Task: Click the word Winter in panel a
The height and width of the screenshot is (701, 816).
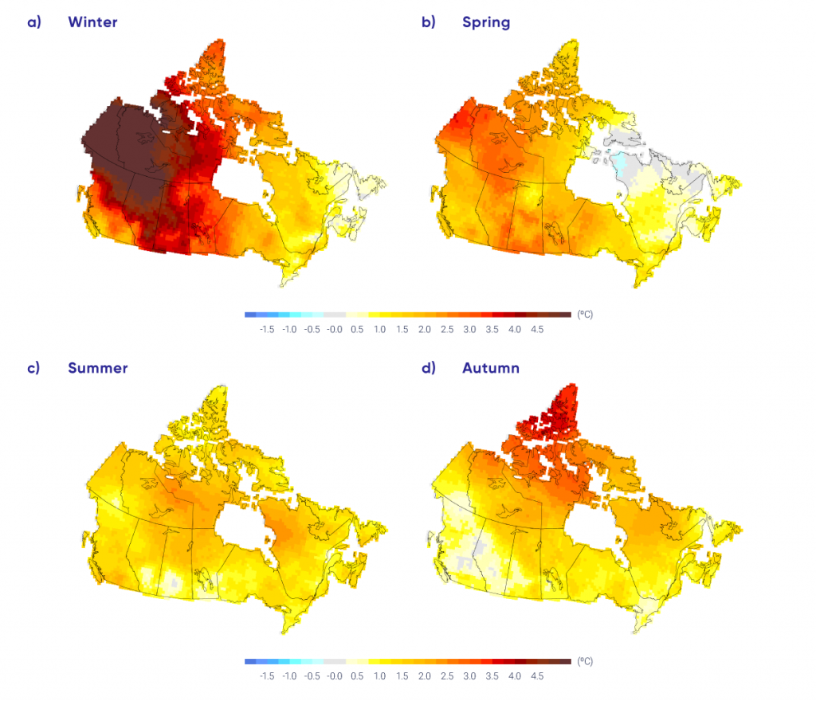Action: pos(92,22)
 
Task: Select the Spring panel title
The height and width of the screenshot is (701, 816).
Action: pos(486,22)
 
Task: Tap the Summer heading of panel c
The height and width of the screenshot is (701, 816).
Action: pos(97,368)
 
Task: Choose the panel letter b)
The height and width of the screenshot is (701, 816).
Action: pos(428,22)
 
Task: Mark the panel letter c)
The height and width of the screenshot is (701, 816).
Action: pos(33,368)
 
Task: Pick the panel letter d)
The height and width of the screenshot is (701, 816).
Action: pos(428,368)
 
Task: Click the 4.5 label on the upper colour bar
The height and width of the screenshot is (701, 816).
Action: pos(537,329)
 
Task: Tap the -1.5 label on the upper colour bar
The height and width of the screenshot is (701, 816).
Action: pos(266,329)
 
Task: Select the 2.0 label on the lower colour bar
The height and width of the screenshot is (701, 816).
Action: pos(425,676)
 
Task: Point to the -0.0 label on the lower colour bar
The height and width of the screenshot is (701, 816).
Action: pos(334,676)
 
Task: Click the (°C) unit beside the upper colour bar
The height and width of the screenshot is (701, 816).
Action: pos(585,315)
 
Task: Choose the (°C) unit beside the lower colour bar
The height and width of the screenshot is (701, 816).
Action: pos(585,661)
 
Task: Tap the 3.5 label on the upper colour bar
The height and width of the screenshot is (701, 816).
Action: pos(492,329)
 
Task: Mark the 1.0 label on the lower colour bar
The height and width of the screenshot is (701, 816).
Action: pos(379,676)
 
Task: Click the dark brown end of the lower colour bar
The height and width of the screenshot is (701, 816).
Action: pos(565,661)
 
